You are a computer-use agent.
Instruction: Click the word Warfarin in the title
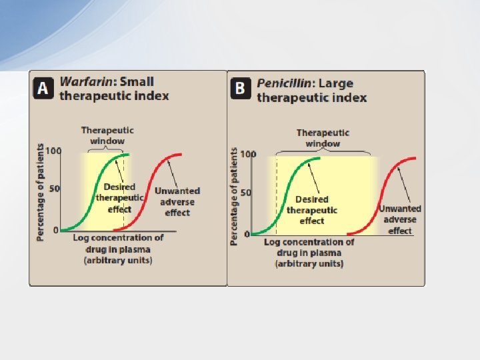coord(86,82)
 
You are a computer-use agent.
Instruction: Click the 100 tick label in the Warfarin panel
coord(53,151)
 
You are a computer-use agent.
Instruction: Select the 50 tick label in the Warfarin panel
coord(55,189)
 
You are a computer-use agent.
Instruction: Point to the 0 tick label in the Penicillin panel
coord(247,234)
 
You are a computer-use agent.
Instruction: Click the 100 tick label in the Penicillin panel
coord(247,155)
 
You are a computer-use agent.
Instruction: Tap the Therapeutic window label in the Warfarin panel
coord(107,135)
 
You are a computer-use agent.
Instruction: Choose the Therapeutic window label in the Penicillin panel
coord(323,138)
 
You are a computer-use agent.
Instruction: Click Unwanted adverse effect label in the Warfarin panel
coord(177,201)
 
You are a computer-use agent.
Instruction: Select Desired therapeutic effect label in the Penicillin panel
coord(311,210)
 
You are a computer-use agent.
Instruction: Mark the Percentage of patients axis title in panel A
coord(41,192)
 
